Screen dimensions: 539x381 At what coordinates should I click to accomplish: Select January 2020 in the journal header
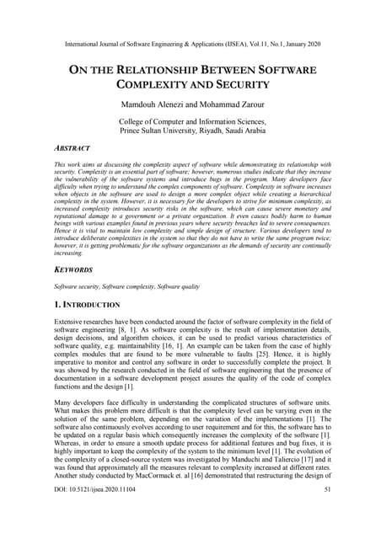coord(307,40)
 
